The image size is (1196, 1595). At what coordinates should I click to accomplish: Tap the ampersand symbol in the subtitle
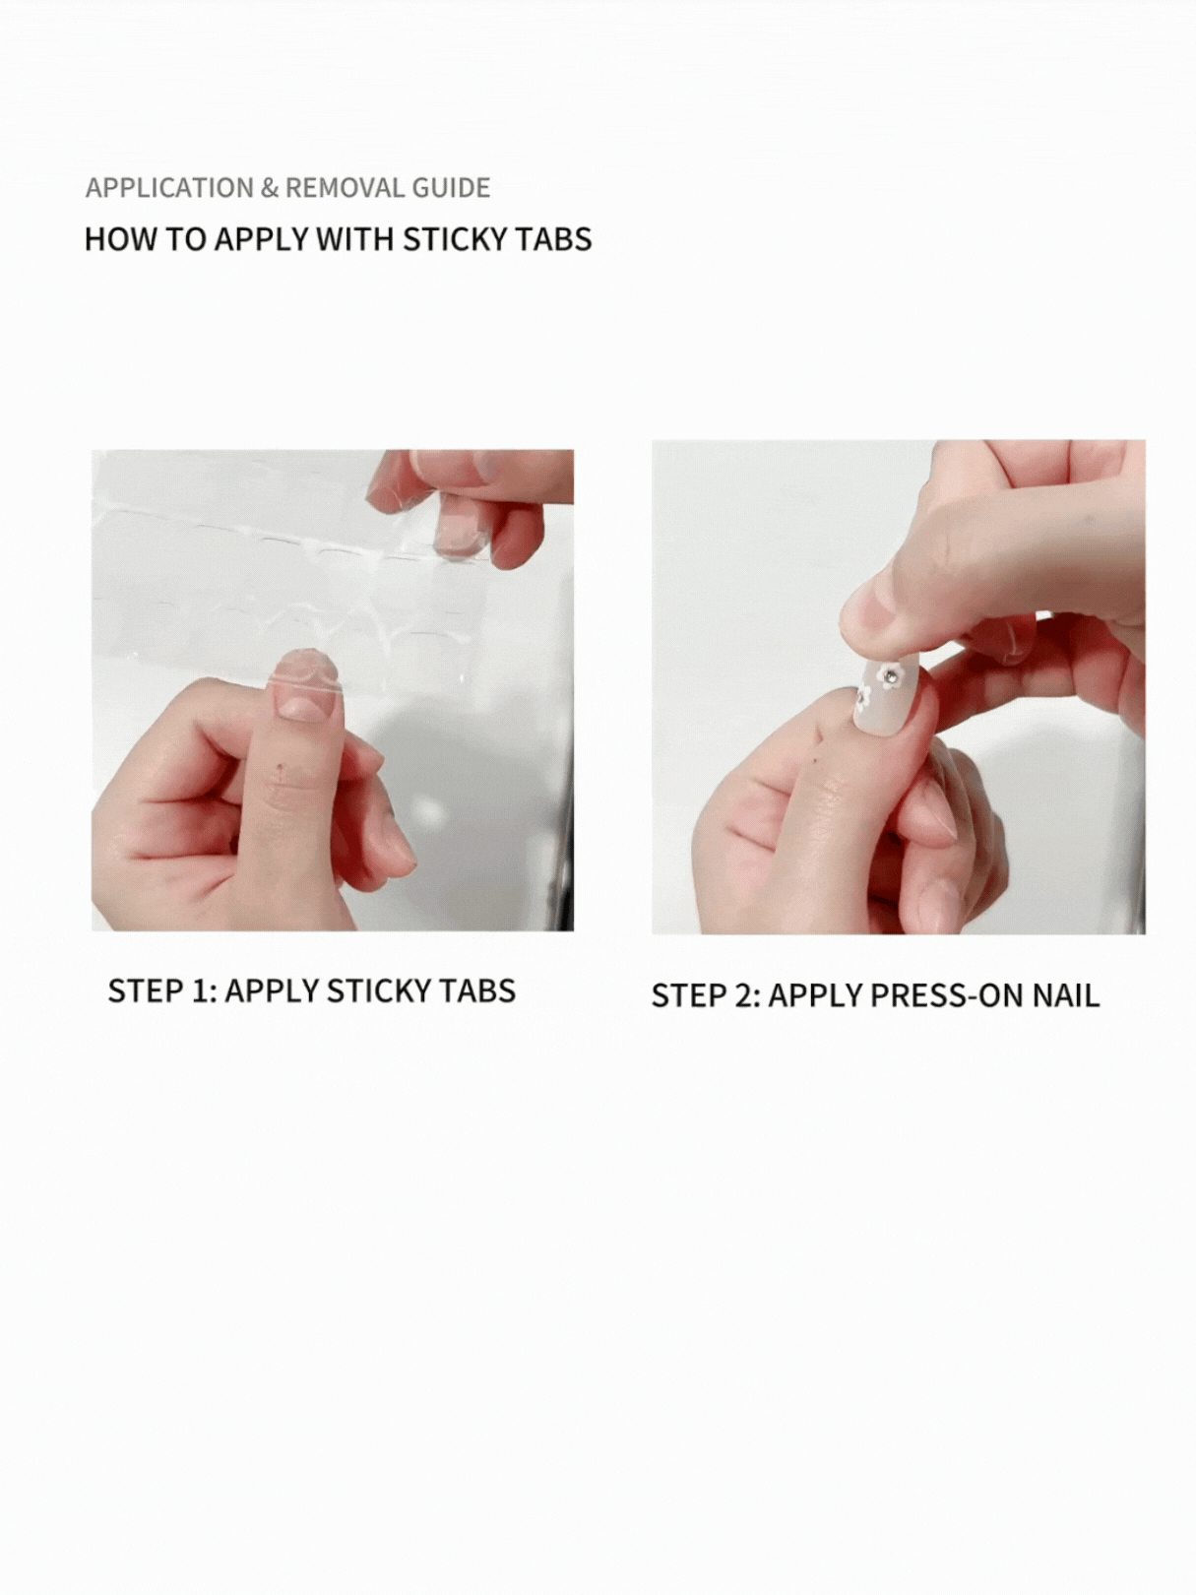point(269,188)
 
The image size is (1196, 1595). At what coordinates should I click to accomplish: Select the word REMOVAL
point(346,188)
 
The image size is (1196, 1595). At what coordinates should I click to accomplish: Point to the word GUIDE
point(451,188)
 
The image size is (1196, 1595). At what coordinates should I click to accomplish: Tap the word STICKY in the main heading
point(456,239)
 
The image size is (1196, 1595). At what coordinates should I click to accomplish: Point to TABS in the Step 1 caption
point(478,990)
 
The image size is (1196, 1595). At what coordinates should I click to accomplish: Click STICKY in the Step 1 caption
point(380,990)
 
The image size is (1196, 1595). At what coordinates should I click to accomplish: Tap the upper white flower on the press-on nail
point(888,673)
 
